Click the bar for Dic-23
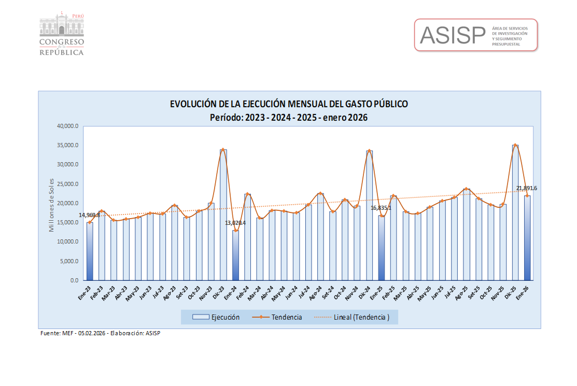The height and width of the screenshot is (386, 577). (x=223, y=215)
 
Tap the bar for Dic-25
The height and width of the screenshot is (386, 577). (x=515, y=212)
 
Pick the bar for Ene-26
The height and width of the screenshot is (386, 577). (x=527, y=238)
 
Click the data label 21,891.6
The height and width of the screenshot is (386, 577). (x=526, y=188)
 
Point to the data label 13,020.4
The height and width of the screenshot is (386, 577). (x=235, y=223)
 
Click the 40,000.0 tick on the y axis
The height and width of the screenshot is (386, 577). (x=68, y=126)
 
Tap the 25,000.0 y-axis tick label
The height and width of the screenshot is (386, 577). (x=68, y=184)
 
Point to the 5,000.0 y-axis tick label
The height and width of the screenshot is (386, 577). (x=69, y=261)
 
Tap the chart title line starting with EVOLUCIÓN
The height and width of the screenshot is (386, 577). (x=289, y=104)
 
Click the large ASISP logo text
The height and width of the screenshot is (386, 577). (x=452, y=35)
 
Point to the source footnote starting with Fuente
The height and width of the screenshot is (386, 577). (x=101, y=333)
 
